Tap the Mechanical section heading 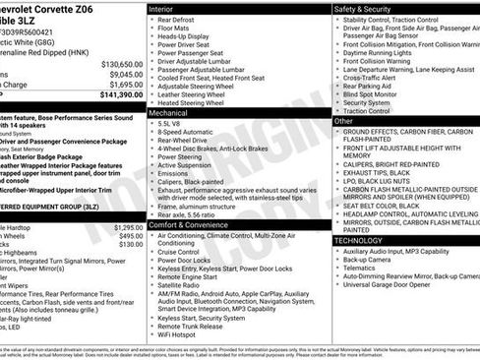point(169,113)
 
